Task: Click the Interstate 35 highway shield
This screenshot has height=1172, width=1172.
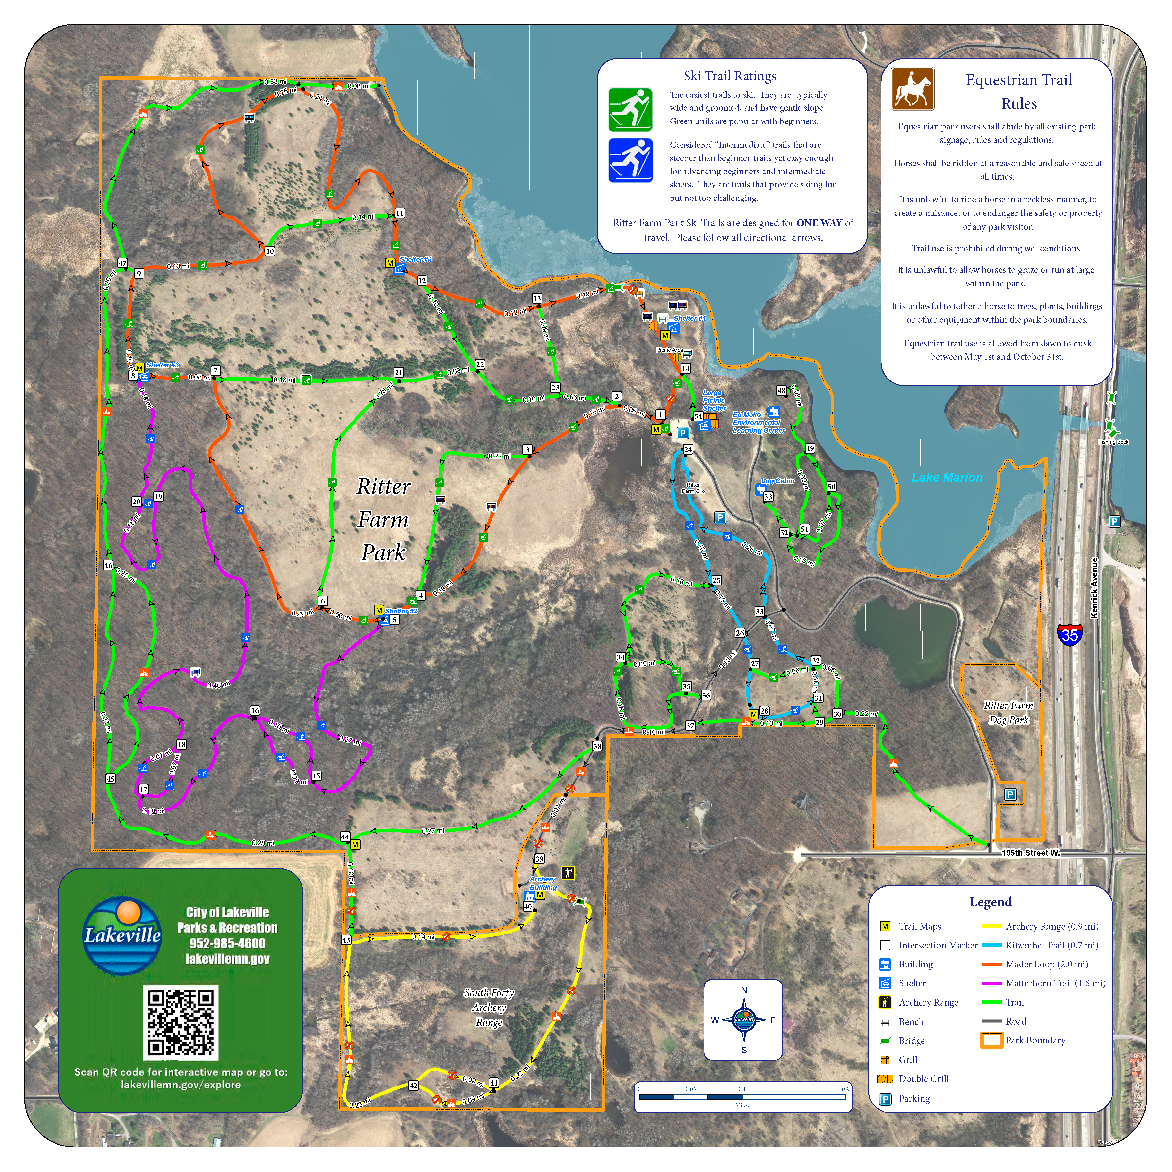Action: click(1069, 634)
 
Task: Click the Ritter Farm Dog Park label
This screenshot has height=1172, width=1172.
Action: click(1008, 713)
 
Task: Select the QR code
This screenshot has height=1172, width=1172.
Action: click(181, 1022)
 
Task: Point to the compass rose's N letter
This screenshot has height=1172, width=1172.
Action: click(744, 990)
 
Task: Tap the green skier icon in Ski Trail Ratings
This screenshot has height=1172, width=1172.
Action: click(630, 110)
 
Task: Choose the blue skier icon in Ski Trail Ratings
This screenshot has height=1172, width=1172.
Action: click(630, 160)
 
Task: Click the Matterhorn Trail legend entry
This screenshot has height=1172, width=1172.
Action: click(1055, 983)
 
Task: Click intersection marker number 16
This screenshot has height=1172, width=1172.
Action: click(255, 710)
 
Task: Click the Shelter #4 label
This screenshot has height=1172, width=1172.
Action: click(415, 260)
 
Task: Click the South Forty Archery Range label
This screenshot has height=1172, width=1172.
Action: click(489, 1008)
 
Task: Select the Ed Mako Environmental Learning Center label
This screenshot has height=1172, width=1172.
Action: click(758, 422)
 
